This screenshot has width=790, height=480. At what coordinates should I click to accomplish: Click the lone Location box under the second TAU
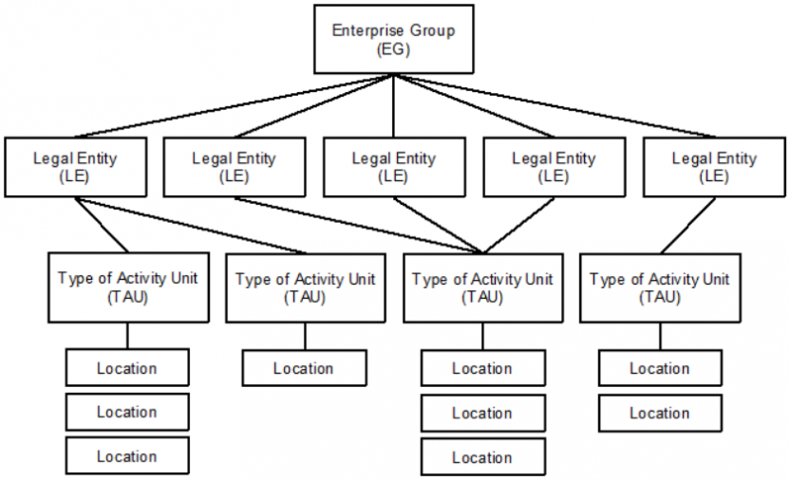[304, 368]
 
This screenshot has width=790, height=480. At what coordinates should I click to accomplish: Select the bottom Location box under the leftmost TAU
[127, 456]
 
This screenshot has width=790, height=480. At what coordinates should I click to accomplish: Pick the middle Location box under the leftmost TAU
[127, 413]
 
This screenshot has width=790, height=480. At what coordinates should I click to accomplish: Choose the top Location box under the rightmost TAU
[659, 368]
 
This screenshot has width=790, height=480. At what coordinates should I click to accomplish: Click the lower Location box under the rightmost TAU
[659, 413]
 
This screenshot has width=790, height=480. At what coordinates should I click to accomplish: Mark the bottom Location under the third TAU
[482, 457]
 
